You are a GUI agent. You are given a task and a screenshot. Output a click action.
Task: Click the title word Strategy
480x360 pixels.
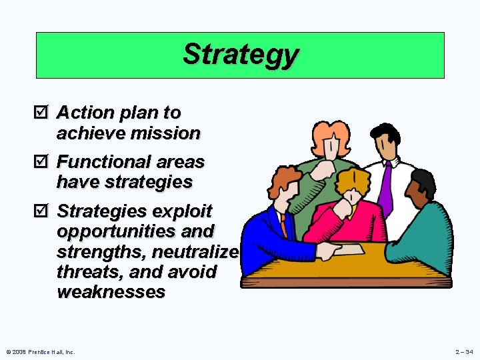240,55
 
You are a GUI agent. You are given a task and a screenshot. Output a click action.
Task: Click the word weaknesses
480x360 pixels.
111,292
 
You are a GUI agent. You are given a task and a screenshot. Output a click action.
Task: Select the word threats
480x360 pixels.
84,272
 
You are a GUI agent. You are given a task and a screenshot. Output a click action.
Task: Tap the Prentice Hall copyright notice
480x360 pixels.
40,351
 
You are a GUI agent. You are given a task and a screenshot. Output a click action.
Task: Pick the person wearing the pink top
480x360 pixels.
353,213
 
